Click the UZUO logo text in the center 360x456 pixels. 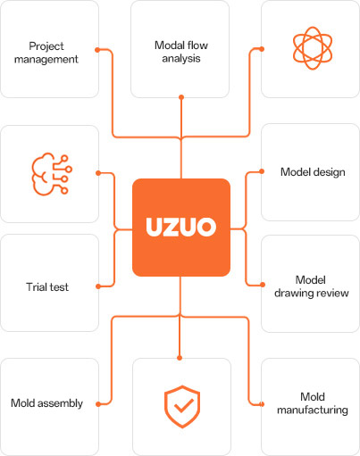[x=181, y=227]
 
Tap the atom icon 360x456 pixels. [x=313, y=48]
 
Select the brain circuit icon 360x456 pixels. [x=52, y=174]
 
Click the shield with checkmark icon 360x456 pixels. [x=182, y=407]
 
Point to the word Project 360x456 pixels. [x=46, y=46]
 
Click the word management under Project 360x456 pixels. [x=46, y=60]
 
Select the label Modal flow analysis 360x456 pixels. [x=181, y=52]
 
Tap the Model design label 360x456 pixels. [x=313, y=172]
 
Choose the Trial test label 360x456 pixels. [x=47, y=287]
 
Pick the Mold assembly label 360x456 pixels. [x=46, y=403]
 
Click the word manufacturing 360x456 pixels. [x=313, y=410]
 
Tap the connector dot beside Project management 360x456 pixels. [x=97, y=50]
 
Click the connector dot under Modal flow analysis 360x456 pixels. [x=181, y=97]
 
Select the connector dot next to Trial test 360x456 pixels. [x=98, y=286]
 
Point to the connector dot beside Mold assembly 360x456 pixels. [x=98, y=404]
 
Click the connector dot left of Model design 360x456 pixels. [x=262, y=171]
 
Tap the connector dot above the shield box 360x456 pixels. [x=180, y=358]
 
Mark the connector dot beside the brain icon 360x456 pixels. [x=98, y=173]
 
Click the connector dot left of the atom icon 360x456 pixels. [x=262, y=49]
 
